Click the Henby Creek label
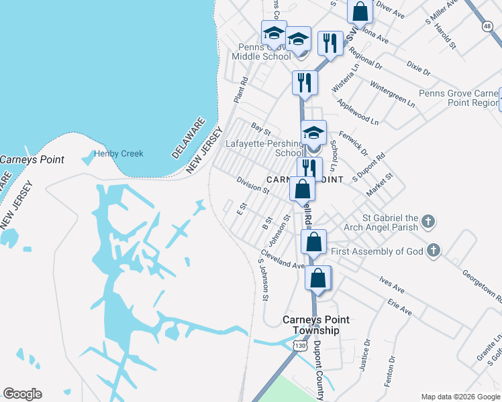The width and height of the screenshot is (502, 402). click(x=119, y=153)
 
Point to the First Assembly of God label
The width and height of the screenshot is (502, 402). click(x=376, y=251)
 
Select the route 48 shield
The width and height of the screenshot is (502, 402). click(x=487, y=26)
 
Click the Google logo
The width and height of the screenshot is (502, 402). click(x=22, y=394)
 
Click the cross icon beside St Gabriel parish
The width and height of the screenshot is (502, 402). click(x=430, y=220)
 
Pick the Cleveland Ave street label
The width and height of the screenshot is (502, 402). click(x=282, y=260)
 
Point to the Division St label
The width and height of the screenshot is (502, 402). click(x=252, y=185)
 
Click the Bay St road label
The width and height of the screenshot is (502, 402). click(x=260, y=127)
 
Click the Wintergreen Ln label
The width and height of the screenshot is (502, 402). click(x=393, y=94)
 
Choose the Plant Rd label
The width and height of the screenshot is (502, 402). click(x=240, y=90)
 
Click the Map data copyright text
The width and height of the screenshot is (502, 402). click(x=459, y=396)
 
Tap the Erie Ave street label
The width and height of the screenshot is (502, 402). click(x=399, y=308)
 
